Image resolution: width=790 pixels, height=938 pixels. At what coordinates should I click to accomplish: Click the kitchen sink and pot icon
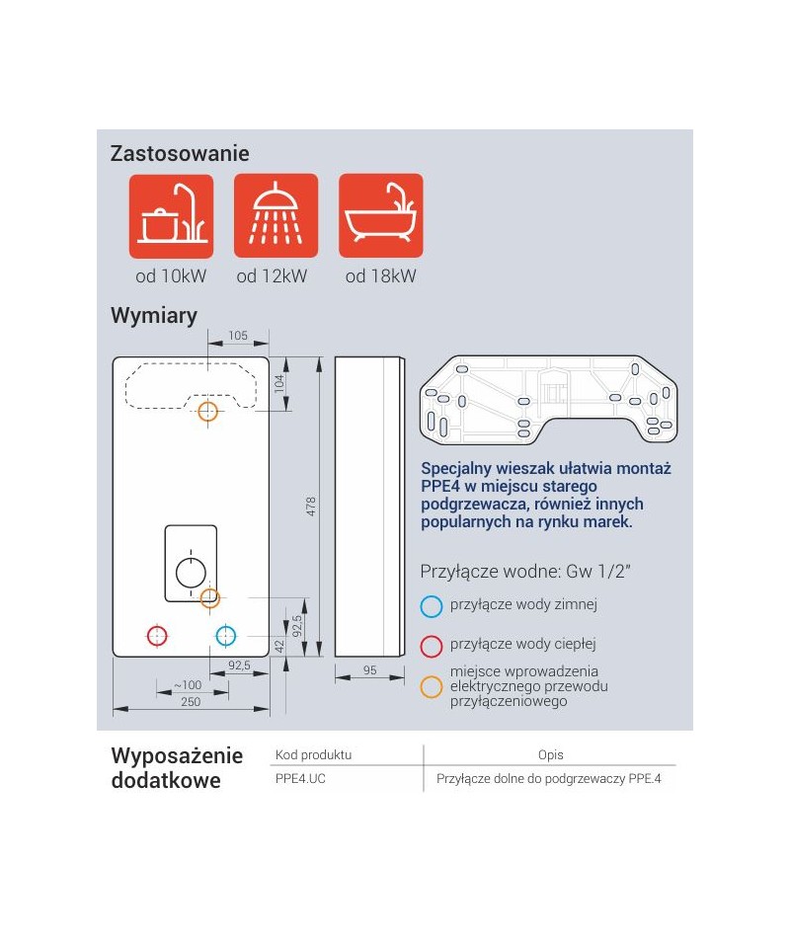coord(171,216)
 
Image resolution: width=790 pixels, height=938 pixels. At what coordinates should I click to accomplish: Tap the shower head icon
coord(276,216)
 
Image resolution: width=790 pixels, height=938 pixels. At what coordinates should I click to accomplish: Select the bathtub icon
coord(380,216)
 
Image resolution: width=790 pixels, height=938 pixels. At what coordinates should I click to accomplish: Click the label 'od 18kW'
coord(380,276)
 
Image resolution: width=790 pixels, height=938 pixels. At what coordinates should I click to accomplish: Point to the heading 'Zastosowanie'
coord(180,154)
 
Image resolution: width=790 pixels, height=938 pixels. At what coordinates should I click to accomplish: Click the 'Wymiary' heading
coord(154,315)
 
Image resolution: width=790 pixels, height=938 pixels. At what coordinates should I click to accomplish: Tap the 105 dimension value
coord(238,336)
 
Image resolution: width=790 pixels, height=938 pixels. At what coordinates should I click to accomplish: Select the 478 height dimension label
coord(311,507)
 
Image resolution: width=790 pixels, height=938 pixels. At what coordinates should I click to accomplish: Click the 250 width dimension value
coord(191,702)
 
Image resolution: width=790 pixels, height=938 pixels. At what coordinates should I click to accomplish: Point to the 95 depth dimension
coord(370,670)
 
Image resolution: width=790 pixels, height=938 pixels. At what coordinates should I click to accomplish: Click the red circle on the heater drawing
coord(157,635)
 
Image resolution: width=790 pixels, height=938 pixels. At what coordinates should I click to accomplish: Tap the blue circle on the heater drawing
coord(225,635)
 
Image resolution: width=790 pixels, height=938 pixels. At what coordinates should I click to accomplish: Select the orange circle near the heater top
coord(207,411)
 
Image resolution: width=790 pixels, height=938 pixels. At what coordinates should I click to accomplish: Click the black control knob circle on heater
coord(191,573)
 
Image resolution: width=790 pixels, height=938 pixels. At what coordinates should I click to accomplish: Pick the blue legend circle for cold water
coord(431,606)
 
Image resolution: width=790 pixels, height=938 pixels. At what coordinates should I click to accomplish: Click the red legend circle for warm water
coord(431,646)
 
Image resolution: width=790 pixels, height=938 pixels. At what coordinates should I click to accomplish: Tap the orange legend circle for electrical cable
coord(431,687)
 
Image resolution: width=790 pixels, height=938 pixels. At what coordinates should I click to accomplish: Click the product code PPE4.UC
coord(300,779)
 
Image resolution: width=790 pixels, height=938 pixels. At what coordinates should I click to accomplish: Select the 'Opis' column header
coord(551,755)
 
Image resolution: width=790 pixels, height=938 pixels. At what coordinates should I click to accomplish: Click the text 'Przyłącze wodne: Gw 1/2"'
coord(525,572)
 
